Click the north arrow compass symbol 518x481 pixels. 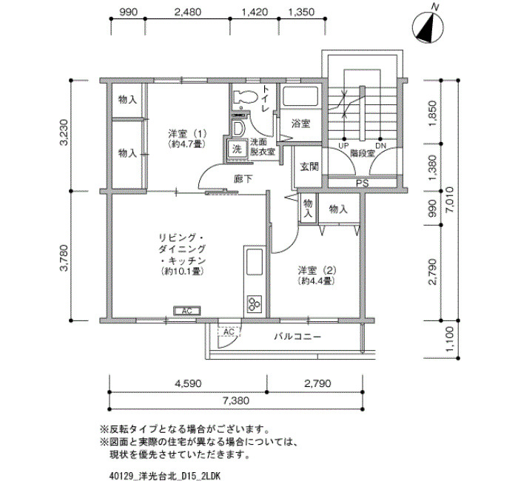point(428,28)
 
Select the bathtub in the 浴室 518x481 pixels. point(300,95)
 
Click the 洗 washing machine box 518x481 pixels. point(237,149)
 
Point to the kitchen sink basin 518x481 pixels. point(255,262)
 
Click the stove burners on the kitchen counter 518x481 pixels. point(255,304)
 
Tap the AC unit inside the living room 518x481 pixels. point(187,311)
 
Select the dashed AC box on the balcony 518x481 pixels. point(229,332)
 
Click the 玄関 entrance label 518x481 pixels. point(309,166)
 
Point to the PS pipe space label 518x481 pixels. point(362,184)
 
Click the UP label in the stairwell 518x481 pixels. point(343,146)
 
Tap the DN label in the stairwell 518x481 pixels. point(380,146)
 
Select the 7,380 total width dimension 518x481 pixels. point(236,401)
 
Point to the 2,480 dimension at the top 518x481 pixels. point(187,13)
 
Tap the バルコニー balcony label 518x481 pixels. point(297,337)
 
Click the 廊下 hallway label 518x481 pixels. point(243,179)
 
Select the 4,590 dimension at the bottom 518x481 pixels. point(188,383)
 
